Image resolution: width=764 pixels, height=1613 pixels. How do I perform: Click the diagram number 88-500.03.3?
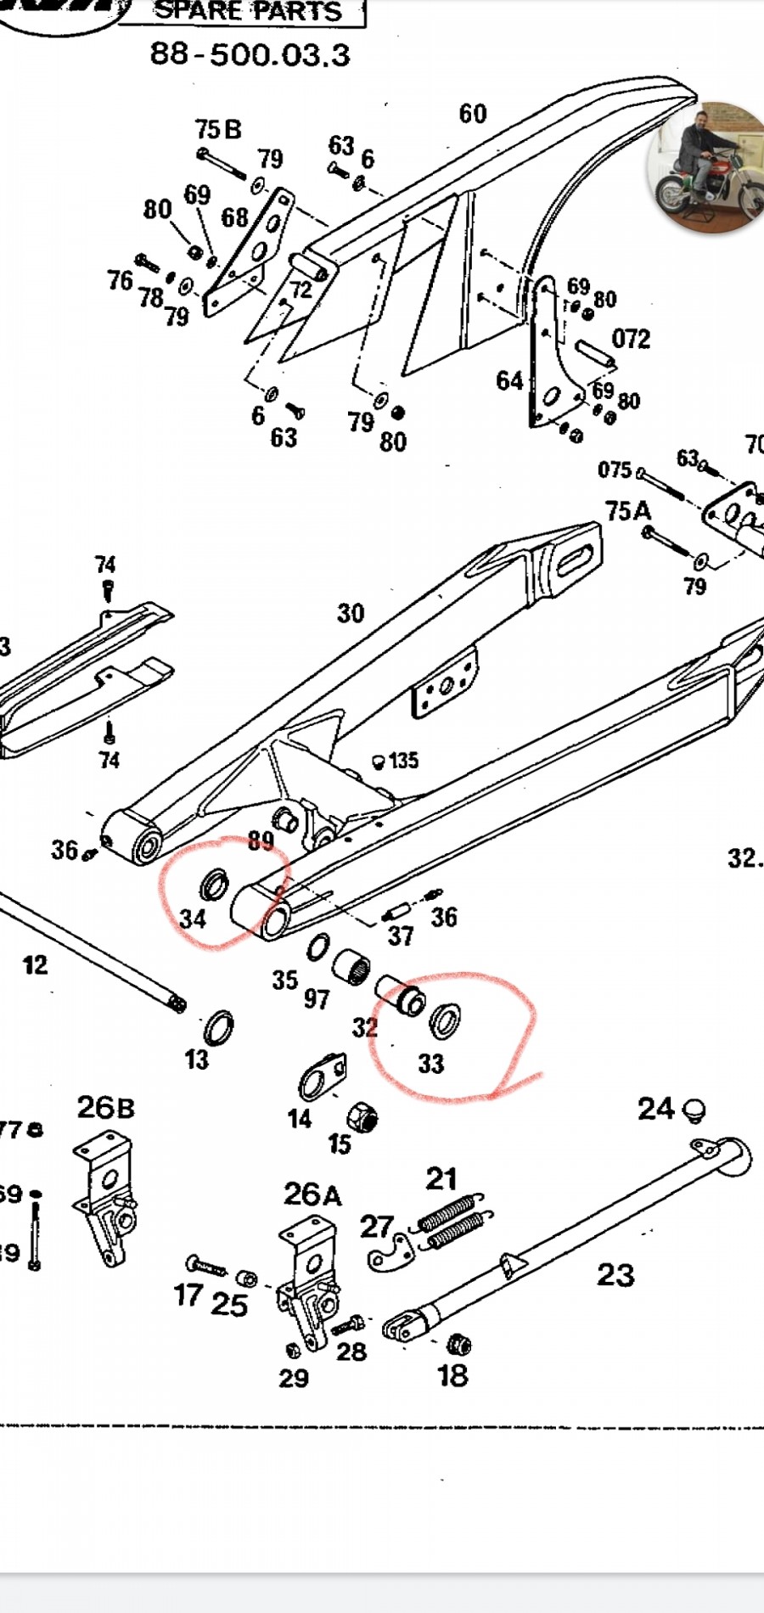pos(250,55)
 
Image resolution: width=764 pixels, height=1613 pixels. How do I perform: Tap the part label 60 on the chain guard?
pos(473,114)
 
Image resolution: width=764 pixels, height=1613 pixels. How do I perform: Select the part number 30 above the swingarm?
pos(351,613)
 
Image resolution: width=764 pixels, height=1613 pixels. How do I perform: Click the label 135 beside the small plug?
pos(404,760)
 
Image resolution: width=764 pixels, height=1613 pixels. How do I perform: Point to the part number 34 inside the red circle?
pos(193,919)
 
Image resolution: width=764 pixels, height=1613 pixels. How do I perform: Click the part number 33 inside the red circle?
pos(431,1064)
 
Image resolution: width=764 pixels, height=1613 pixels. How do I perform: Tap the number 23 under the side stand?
pos(615,1274)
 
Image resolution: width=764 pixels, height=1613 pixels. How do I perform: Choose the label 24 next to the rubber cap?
pos(656,1109)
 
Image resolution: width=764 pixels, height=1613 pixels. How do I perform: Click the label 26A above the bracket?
pos(312,1194)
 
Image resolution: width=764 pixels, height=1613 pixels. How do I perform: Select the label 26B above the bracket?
pos(105,1107)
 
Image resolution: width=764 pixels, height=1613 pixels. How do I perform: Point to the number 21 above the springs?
pos(441,1178)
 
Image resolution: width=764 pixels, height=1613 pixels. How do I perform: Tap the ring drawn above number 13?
pos(218,1029)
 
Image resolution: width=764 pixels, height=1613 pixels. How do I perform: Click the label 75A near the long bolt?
pos(628,510)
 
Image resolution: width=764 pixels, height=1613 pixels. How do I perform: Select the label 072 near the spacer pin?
pos(631,339)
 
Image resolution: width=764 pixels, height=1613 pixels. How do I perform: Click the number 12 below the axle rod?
pos(35,964)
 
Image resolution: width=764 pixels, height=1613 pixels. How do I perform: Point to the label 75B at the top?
pos(218,129)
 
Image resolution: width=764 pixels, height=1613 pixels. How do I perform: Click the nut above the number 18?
pos(458,1344)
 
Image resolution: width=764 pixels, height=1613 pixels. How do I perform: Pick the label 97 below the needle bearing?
pos(317,998)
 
